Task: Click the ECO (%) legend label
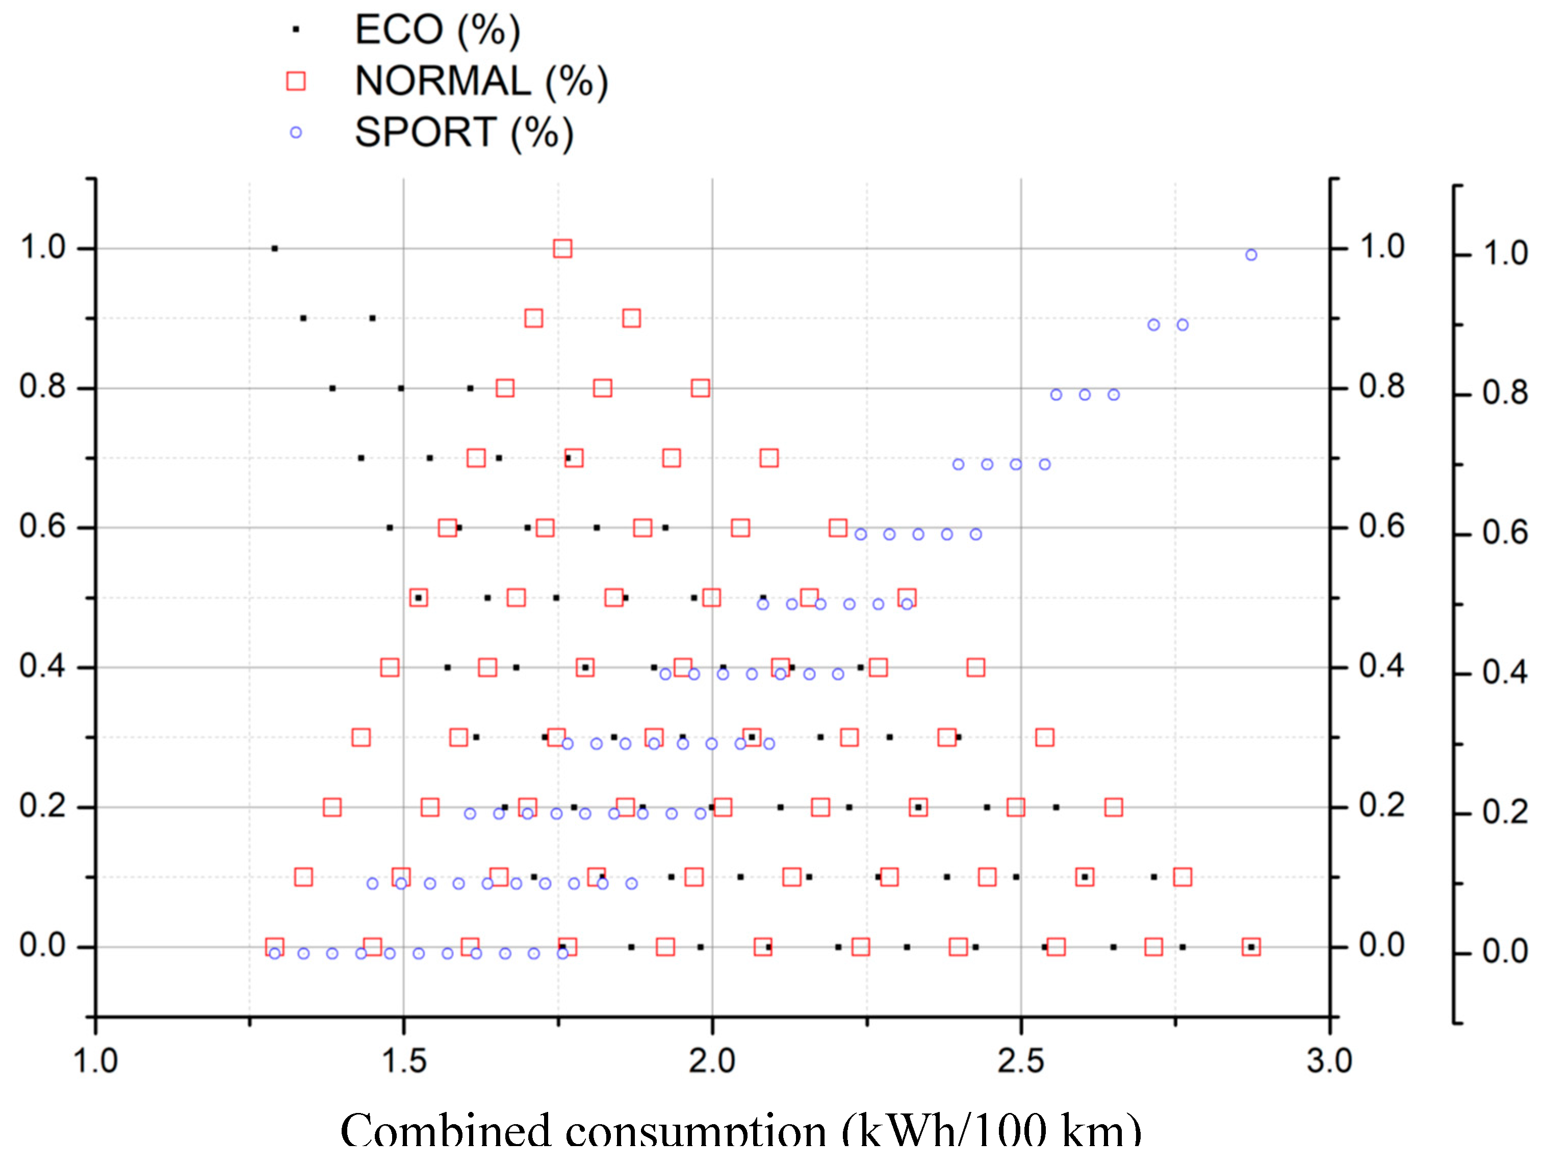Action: tap(437, 30)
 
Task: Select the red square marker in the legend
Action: tap(296, 81)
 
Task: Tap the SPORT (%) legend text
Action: tap(464, 132)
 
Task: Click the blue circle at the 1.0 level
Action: tap(1251, 255)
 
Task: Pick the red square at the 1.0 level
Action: tap(562, 248)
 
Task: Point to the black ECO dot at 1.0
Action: tap(274, 248)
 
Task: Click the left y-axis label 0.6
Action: tap(42, 527)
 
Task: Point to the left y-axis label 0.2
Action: tap(42, 807)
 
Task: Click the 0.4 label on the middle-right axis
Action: tap(1381, 667)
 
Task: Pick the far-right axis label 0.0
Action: tap(1505, 952)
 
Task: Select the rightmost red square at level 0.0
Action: tap(1251, 947)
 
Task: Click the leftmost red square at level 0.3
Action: tap(361, 737)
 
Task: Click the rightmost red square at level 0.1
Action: tap(1182, 877)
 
